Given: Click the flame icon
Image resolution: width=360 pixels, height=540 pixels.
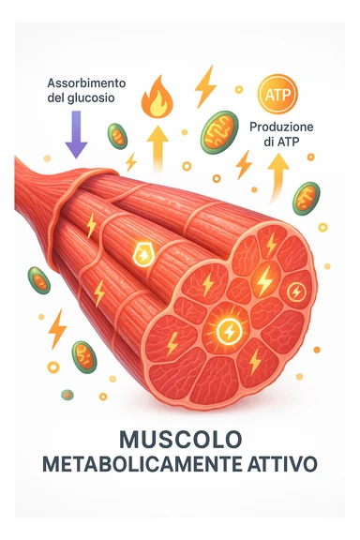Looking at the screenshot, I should [158, 97].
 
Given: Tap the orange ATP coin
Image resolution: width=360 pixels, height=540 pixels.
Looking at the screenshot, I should [277, 95].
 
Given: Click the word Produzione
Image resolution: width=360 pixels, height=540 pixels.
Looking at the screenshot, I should [281, 127].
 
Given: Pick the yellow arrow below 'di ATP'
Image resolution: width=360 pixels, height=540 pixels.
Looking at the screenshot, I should [277, 174].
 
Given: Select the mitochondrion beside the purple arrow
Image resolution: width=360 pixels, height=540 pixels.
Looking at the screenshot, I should [117, 136].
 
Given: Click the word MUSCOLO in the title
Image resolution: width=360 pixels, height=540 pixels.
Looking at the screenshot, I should [180, 439].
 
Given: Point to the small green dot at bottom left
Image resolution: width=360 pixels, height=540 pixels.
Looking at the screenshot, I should [67, 395].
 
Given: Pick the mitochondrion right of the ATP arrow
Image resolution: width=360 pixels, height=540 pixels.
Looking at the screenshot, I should [307, 197].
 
